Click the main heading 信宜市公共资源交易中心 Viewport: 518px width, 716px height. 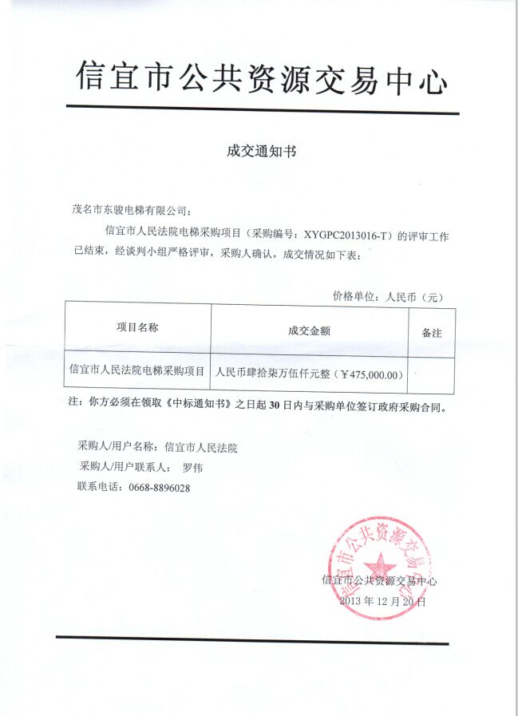point(261,78)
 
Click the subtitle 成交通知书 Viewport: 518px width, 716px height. point(261,150)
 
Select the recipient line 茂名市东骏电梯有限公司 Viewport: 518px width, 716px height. point(131,211)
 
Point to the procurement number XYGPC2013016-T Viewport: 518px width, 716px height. point(347,235)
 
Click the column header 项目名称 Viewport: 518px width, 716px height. point(137,327)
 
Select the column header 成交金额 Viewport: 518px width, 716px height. point(309,330)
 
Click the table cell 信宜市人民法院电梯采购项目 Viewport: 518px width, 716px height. point(137,371)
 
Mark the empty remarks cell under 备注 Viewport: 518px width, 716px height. point(431,373)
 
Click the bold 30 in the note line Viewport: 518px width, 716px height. point(275,405)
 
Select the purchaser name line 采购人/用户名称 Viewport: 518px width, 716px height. point(157,448)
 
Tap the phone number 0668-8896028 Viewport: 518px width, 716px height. point(159,488)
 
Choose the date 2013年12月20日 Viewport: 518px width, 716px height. point(382,601)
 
